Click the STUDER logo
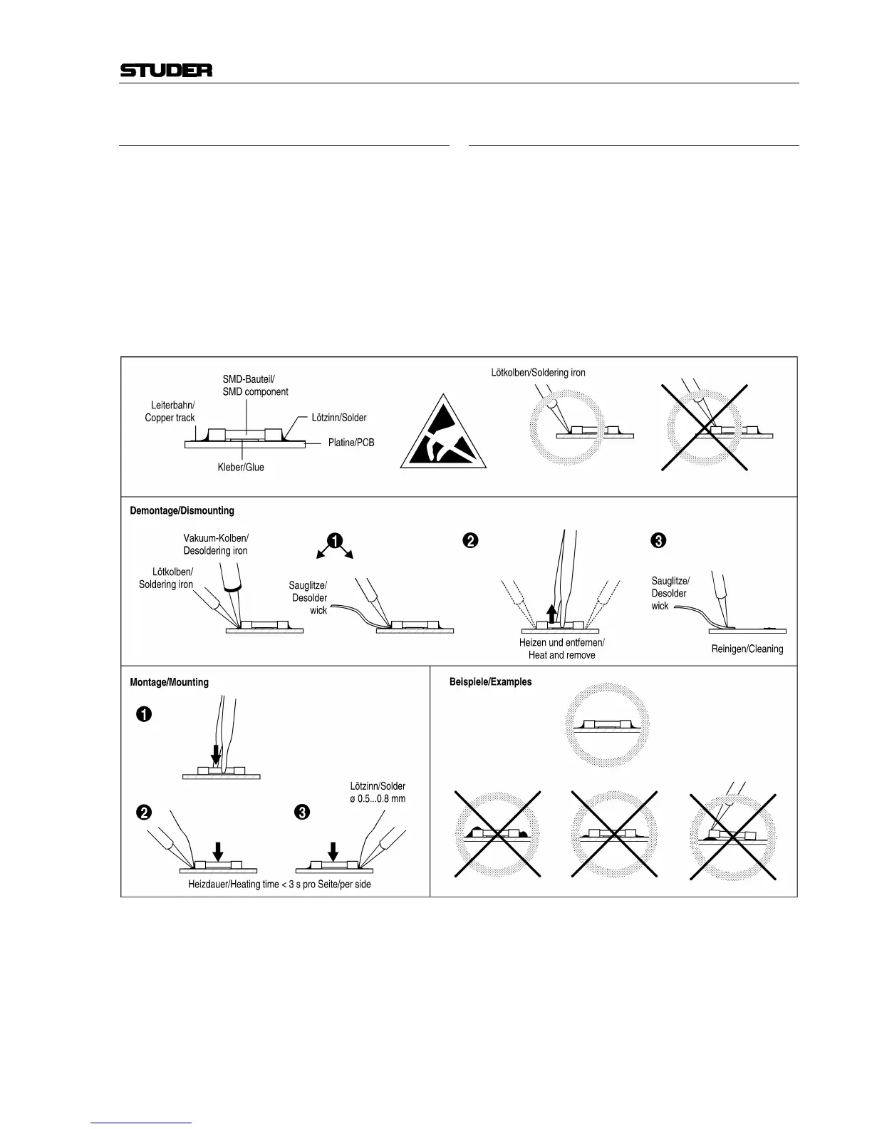[x=166, y=71]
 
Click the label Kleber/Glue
[x=241, y=468]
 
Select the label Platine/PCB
[x=351, y=443]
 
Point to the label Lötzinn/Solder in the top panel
[x=339, y=418]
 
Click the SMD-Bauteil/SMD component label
[x=255, y=386]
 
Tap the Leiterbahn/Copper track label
[x=170, y=411]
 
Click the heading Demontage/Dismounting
[x=182, y=511]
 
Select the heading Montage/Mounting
[x=169, y=682]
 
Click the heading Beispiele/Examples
[x=490, y=682]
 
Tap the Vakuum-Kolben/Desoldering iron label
[x=216, y=545]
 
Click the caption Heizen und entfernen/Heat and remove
[x=561, y=649]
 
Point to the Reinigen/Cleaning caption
[x=747, y=649]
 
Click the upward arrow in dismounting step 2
[x=551, y=613]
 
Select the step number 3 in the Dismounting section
[x=658, y=541]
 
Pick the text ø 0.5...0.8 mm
[x=378, y=798]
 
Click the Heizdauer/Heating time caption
[x=279, y=885]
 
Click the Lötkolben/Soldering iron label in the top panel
[x=538, y=373]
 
